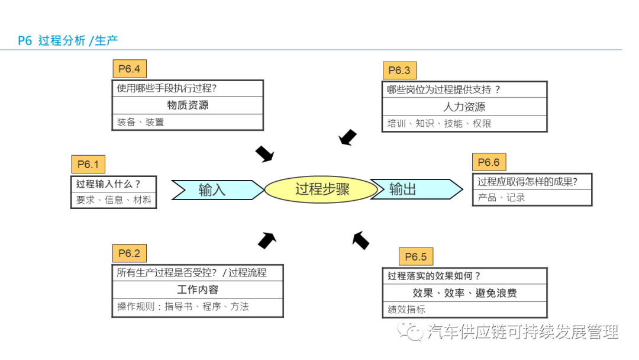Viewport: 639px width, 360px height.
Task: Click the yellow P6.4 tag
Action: (x=129, y=69)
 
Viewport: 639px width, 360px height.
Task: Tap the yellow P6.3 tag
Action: (x=399, y=71)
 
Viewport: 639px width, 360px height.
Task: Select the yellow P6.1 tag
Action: (x=88, y=164)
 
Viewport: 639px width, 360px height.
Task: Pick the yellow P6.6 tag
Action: (x=489, y=163)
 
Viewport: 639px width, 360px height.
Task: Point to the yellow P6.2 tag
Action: (x=129, y=254)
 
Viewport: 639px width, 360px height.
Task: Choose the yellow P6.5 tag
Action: (x=415, y=256)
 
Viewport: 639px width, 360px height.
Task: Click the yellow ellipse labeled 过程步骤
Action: (x=321, y=189)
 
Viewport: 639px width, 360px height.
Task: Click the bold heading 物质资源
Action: (x=188, y=105)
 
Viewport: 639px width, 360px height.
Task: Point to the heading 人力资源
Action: (x=464, y=107)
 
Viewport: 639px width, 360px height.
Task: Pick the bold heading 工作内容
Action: (x=198, y=290)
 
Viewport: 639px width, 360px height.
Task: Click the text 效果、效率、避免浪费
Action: (x=464, y=293)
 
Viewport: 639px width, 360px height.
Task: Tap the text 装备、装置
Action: (x=140, y=122)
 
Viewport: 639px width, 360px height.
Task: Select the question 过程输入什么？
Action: (x=108, y=184)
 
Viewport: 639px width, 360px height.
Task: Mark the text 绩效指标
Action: (x=406, y=310)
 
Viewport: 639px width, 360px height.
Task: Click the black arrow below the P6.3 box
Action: (x=348, y=137)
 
